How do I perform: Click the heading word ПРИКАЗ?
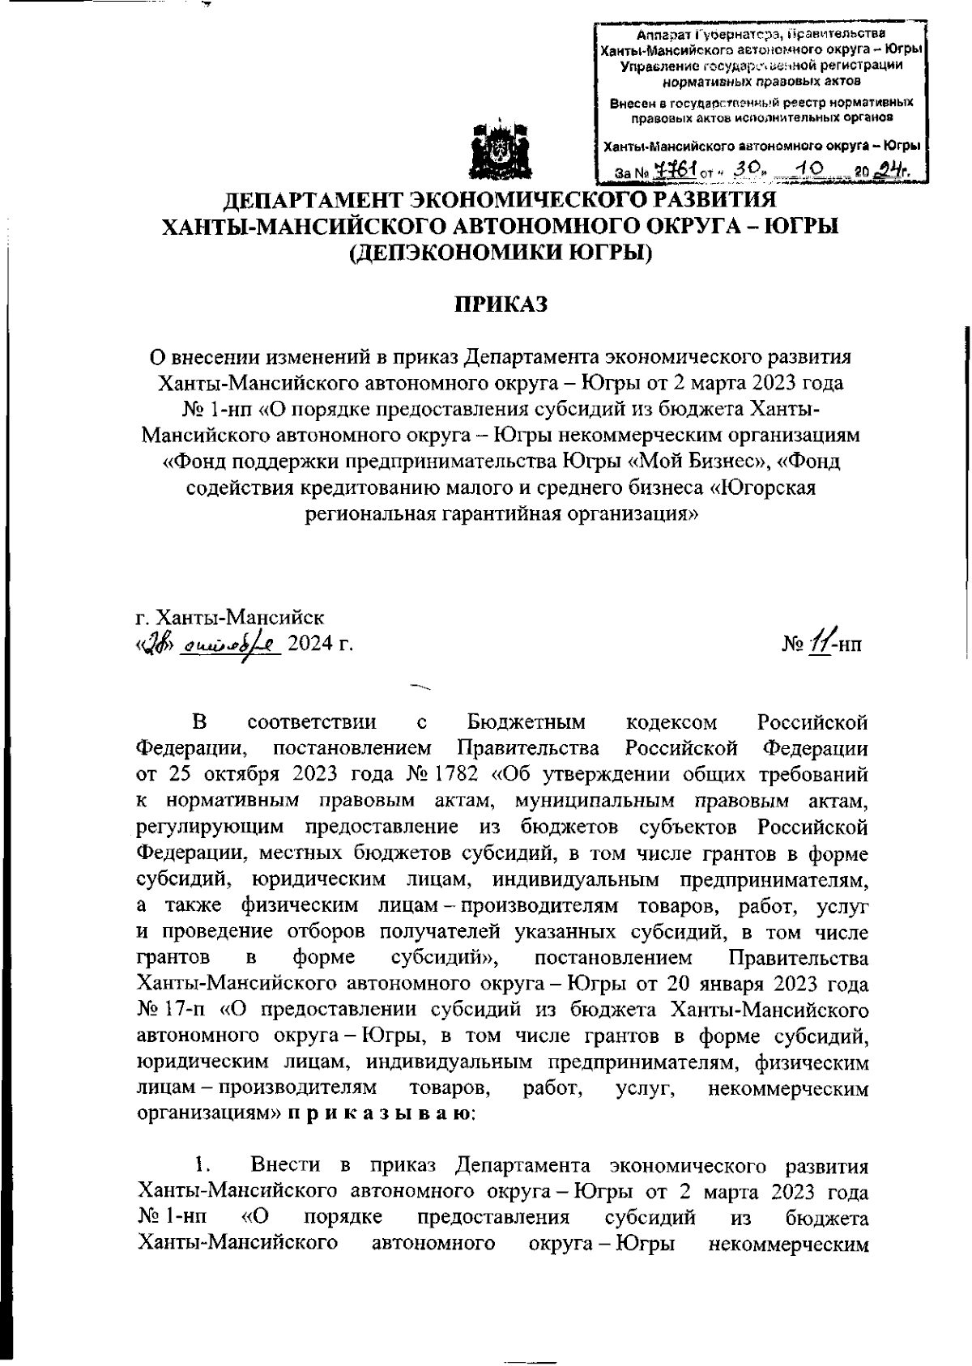tap(500, 304)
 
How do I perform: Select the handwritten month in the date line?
tap(231, 645)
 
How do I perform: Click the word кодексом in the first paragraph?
tap(672, 721)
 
